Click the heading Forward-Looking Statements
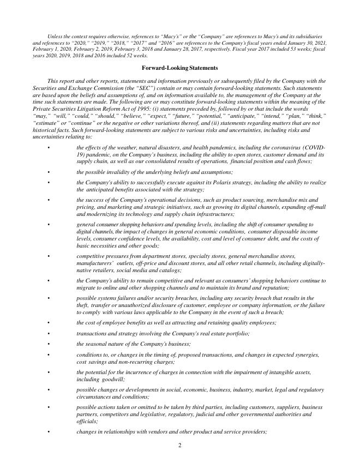tap(179, 68)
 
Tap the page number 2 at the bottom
tap(179, 445)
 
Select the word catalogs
tap(170, 270)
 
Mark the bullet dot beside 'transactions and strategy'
tap(48, 333)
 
